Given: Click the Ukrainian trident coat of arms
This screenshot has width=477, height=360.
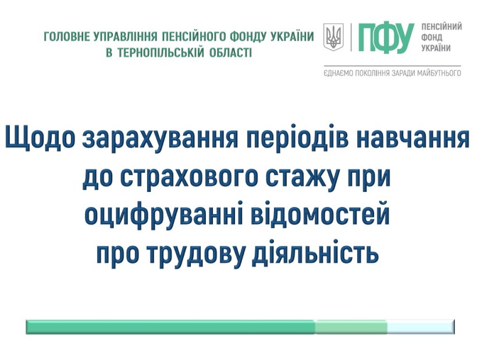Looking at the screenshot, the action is pos(333,37).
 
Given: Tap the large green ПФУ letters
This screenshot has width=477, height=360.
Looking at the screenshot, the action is pos(386,38).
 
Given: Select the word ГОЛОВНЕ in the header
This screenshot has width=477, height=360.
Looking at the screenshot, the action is pos(67,36).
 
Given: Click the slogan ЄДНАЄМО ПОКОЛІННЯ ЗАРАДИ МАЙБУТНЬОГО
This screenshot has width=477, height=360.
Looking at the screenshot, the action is pos(393,73).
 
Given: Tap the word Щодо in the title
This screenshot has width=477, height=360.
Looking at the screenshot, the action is pos(40,138).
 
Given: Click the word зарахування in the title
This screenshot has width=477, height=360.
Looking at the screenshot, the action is pos(160,138).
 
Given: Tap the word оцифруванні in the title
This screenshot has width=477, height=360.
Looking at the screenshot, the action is pos(163,215).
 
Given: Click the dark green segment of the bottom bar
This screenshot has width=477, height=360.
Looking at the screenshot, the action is pos(170,327).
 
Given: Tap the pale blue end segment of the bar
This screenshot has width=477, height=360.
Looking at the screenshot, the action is pos(421,327).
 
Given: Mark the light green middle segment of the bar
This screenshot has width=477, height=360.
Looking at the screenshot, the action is pos(351,327).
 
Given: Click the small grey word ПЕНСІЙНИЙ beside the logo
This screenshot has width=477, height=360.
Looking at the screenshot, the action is pos(442,27).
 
